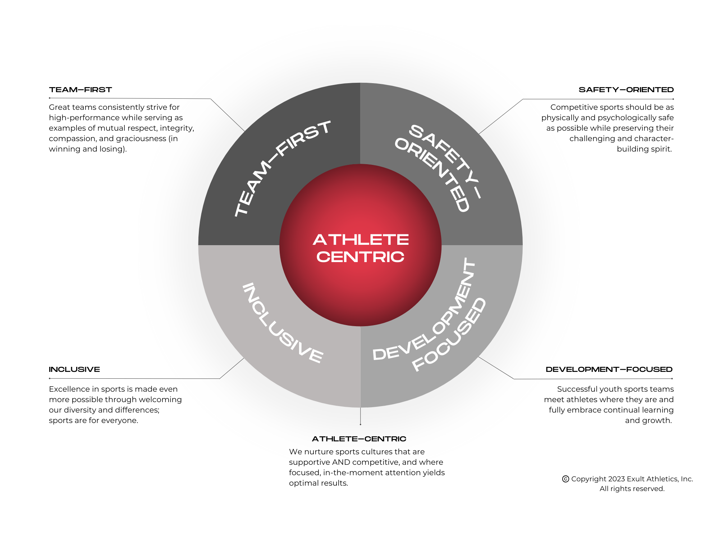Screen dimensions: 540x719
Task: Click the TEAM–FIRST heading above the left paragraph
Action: tap(81, 90)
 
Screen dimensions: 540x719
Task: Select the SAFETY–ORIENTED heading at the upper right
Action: tap(626, 90)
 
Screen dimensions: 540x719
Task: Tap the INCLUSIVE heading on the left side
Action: tap(74, 369)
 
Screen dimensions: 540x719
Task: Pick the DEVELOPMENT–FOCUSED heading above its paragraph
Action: tap(609, 369)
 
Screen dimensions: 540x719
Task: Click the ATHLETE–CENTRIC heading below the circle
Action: tap(359, 439)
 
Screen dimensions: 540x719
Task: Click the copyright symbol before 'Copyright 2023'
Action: tap(565, 479)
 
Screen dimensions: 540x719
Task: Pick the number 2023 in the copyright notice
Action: tap(616, 479)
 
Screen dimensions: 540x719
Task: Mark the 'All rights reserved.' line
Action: tap(632, 489)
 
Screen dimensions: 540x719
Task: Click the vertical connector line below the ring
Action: tap(360, 416)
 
